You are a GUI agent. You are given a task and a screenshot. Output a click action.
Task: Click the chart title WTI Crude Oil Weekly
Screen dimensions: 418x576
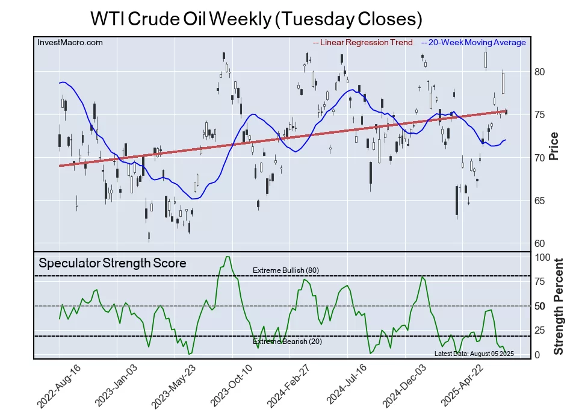point(256,19)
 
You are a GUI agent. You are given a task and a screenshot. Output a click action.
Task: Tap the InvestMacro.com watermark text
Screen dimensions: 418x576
point(70,42)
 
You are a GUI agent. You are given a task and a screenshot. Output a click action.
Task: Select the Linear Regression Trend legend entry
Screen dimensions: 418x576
point(363,42)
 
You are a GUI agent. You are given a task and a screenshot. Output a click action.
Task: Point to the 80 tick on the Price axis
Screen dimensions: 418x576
point(539,72)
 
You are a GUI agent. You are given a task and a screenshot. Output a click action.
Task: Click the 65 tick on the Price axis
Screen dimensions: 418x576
point(539,201)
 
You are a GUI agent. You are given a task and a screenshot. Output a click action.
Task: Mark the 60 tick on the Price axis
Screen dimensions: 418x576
point(539,243)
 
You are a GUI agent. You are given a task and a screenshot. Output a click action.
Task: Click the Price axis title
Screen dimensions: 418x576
point(554,146)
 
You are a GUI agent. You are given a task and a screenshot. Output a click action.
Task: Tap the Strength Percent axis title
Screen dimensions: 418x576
point(558,307)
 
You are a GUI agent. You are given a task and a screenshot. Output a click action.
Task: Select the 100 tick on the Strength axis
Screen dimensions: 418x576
point(543,257)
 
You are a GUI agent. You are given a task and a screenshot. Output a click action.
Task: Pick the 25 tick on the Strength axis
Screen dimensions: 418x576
point(540,330)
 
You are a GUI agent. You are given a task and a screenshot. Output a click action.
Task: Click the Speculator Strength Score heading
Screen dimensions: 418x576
point(113,263)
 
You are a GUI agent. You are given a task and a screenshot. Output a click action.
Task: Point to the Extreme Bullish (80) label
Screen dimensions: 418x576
point(285,270)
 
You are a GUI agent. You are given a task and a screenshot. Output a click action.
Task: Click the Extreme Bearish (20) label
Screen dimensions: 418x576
point(287,342)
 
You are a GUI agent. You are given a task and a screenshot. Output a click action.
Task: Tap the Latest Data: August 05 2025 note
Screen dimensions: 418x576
point(474,354)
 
